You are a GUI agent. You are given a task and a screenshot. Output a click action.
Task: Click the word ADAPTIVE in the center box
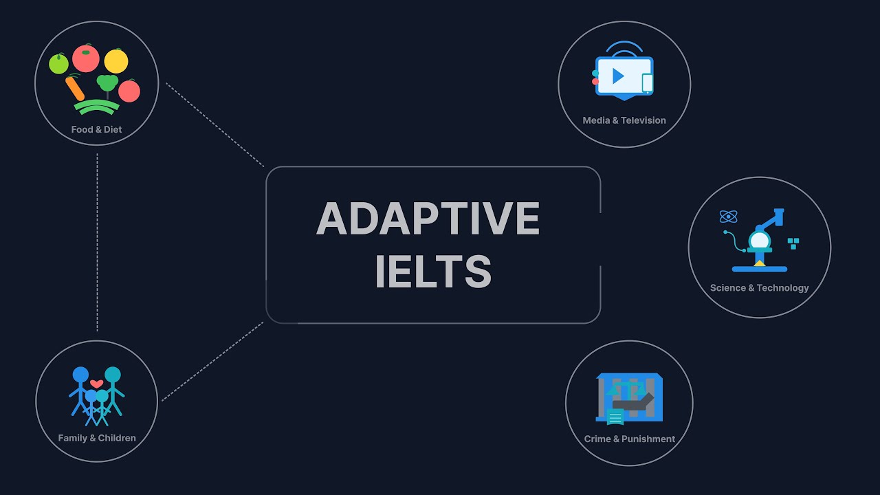tap(428, 219)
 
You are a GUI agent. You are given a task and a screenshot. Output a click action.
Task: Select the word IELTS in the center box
tap(433, 271)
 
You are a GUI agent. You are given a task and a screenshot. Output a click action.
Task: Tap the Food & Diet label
tap(96, 129)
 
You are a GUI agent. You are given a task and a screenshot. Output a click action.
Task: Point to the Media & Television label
tap(624, 120)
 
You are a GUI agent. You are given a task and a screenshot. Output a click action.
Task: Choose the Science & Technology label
tap(759, 288)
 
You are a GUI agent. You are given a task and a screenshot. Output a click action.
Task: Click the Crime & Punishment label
tap(629, 439)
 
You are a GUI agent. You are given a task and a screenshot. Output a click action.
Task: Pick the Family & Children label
tap(97, 438)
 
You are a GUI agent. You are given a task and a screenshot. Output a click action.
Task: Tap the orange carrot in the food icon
tap(74, 88)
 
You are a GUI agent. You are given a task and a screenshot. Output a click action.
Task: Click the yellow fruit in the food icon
tap(116, 60)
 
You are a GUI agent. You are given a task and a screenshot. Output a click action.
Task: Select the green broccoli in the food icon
tap(107, 83)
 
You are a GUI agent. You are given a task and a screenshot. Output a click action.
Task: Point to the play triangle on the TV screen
tap(618, 76)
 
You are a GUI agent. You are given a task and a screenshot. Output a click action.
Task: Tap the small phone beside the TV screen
tap(647, 83)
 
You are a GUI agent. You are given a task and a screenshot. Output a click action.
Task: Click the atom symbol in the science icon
tap(728, 217)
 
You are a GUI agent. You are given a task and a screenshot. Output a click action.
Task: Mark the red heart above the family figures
tap(96, 384)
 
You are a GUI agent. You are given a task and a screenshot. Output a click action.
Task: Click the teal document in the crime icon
tap(615, 417)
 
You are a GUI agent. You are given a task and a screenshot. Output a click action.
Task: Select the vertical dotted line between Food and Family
tap(97, 241)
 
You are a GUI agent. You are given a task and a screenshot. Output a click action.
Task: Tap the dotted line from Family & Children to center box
tap(212, 362)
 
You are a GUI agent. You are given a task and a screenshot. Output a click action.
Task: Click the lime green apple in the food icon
tap(58, 64)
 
